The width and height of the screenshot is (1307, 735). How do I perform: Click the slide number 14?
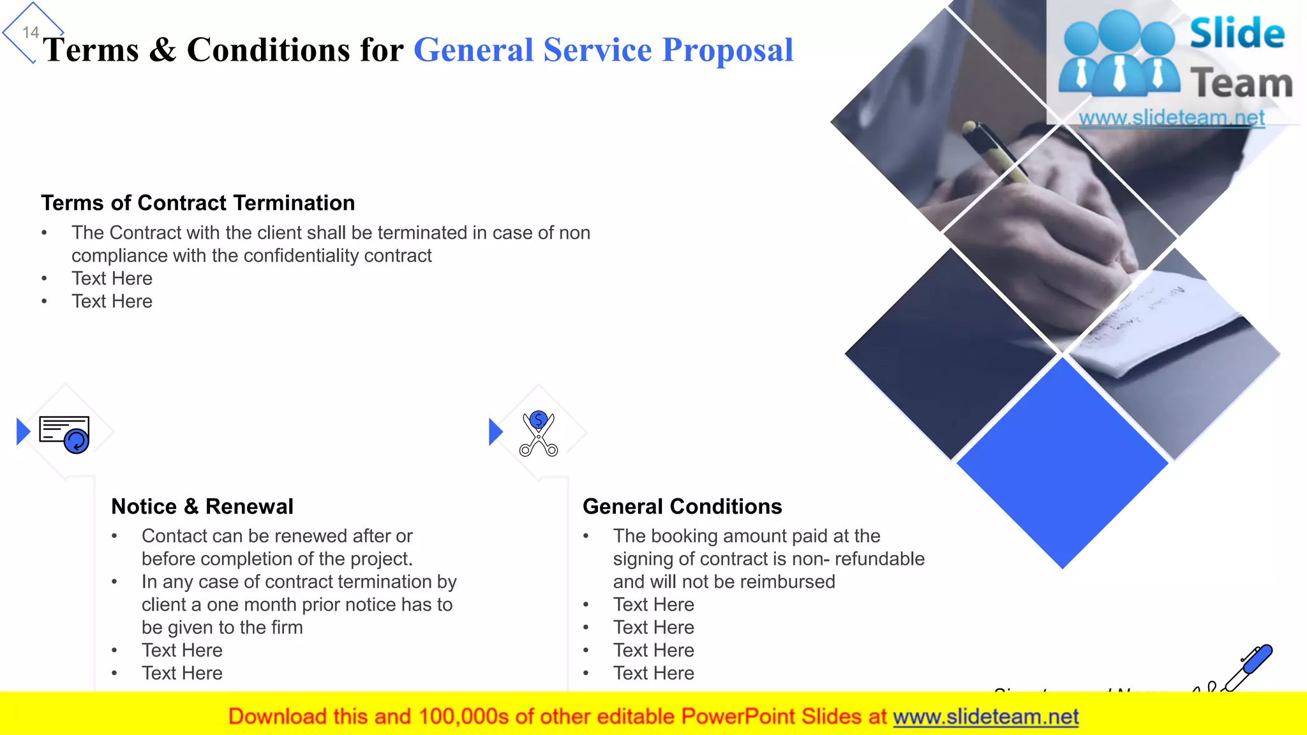pos(31,33)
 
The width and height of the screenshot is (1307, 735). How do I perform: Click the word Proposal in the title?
pos(728,50)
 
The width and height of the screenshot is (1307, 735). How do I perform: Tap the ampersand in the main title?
pos(163,50)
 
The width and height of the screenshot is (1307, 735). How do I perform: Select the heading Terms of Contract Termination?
pos(198,203)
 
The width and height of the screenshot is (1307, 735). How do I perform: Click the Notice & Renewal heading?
pos(202,507)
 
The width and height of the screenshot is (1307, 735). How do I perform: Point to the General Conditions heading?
pos(682,507)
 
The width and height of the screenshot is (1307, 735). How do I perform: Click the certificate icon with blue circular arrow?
pos(64,434)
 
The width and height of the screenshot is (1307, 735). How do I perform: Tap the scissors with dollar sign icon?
pos(539,434)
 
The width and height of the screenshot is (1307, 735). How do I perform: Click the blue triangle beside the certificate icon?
pos(23,432)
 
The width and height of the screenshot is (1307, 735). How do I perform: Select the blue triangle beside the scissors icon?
pos(495,432)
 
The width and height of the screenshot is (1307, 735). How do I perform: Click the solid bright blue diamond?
pos(1063,463)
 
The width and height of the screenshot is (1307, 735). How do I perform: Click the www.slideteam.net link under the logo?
pos(1171,118)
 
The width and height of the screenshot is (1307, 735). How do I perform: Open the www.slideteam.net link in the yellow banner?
pos(985,717)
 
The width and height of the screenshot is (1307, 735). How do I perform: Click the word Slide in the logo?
pos(1237,34)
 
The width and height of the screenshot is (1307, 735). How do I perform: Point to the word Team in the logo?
pos(1241,84)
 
